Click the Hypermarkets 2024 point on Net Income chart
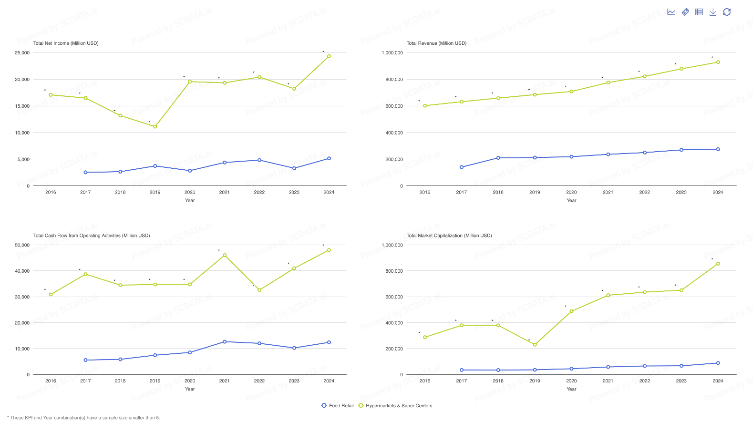pyautogui.click(x=329, y=56)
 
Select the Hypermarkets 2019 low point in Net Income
pyautogui.click(x=155, y=127)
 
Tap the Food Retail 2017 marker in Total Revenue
pyautogui.click(x=462, y=167)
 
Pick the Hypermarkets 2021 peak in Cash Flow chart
pyautogui.click(x=225, y=256)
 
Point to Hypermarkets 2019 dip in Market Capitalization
pyautogui.click(x=535, y=345)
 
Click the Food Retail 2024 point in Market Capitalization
pyautogui.click(x=718, y=363)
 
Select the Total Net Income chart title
pyautogui.click(x=66, y=43)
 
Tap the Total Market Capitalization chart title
pyautogui.click(x=449, y=236)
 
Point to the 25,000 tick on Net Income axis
pyautogui.click(x=22, y=53)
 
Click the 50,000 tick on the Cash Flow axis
pyautogui.click(x=22, y=245)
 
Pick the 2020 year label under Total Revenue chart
pyautogui.click(x=571, y=193)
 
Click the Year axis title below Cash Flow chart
pyautogui.click(x=190, y=389)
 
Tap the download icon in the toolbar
pyautogui.click(x=713, y=12)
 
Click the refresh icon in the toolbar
pyautogui.click(x=727, y=12)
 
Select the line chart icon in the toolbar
pyautogui.click(x=671, y=12)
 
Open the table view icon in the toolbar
pyautogui.click(x=699, y=12)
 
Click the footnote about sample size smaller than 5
pyautogui.click(x=83, y=418)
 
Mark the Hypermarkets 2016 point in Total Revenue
pyautogui.click(x=425, y=106)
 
